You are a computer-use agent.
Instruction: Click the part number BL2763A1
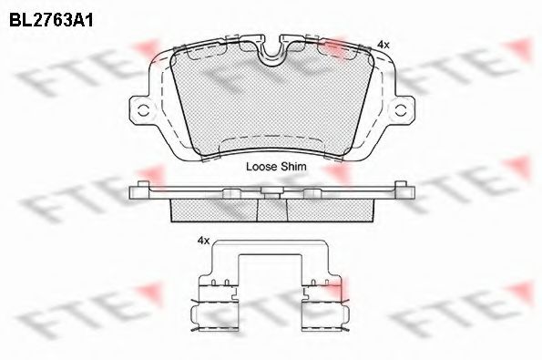[x=51, y=21]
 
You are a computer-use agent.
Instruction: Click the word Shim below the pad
[x=293, y=167]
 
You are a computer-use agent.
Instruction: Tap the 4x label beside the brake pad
[x=383, y=45]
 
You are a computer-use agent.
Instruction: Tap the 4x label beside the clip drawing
[x=204, y=241]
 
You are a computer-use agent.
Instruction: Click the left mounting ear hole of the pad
[x=143, y=111]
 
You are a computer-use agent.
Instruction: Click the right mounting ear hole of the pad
[x=401, y=111]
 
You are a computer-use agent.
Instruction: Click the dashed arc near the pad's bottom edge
[x=272, y=139]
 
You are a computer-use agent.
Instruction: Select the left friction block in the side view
[x=215, y=211]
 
